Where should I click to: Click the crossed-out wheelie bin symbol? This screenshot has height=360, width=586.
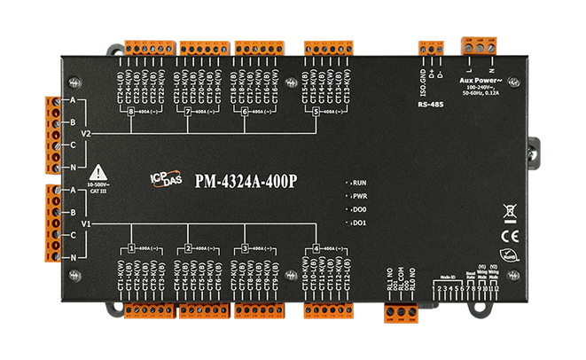click(x=509, y=212)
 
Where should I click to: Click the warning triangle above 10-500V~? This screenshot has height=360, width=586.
click(x=98, y=171)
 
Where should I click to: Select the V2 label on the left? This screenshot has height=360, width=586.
click(x=86, y=133)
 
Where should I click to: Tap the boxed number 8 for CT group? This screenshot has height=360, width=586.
click(x=131, y=112)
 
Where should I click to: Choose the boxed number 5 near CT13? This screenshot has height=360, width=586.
click(x=316, y=112)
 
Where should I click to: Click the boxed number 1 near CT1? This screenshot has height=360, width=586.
click(x=131, y=248)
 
